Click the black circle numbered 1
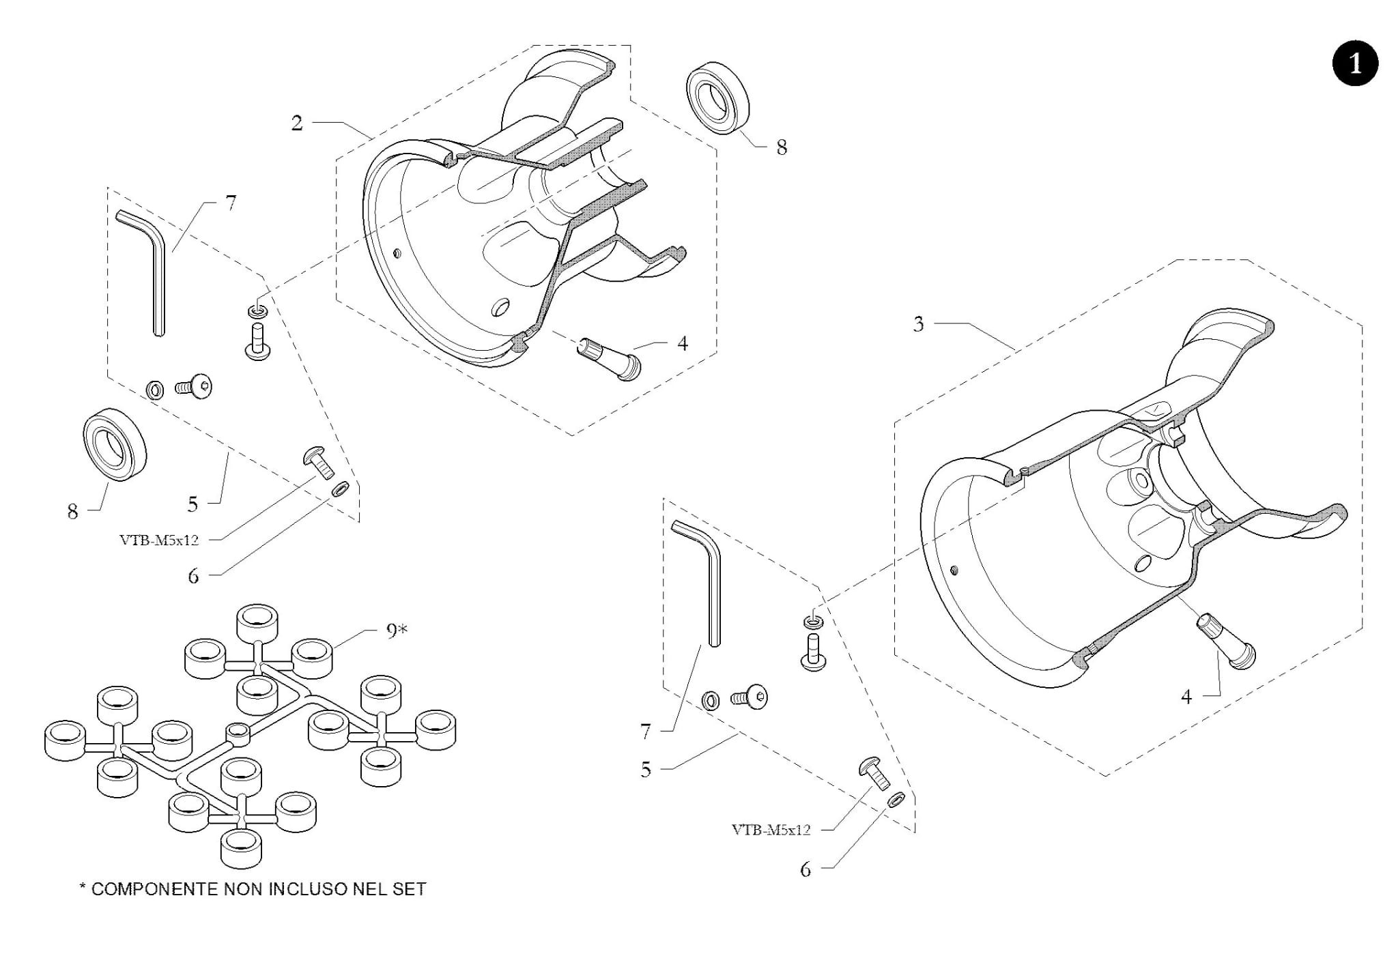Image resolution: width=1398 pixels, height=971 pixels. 1354,63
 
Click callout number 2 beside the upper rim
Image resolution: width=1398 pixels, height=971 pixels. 297,123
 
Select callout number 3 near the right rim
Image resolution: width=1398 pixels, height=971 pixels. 919,323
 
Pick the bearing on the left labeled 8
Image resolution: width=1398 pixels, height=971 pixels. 115,444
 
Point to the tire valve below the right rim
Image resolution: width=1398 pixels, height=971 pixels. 1226,639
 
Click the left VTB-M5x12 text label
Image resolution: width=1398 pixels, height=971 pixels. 159,540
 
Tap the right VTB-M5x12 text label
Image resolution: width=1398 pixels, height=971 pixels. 771,830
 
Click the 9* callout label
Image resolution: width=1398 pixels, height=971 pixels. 397,631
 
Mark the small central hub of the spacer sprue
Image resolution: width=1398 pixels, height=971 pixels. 238,732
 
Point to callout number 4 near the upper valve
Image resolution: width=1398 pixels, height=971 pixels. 683,343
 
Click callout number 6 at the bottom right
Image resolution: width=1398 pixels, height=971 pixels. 805,869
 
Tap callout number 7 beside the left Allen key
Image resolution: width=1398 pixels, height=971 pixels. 231,203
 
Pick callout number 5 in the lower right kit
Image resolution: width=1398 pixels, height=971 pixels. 646,770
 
